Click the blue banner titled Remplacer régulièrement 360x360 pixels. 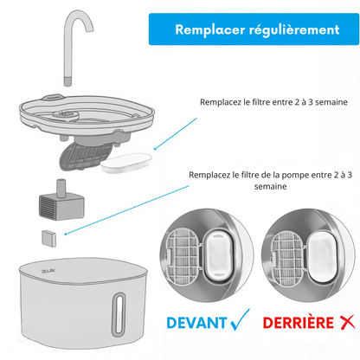coord(256,29)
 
